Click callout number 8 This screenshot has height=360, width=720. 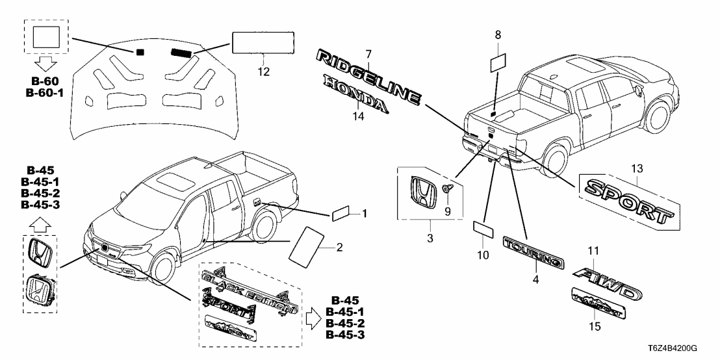(x=498, y=34)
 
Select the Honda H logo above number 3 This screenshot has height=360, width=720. (x=422, y=185)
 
